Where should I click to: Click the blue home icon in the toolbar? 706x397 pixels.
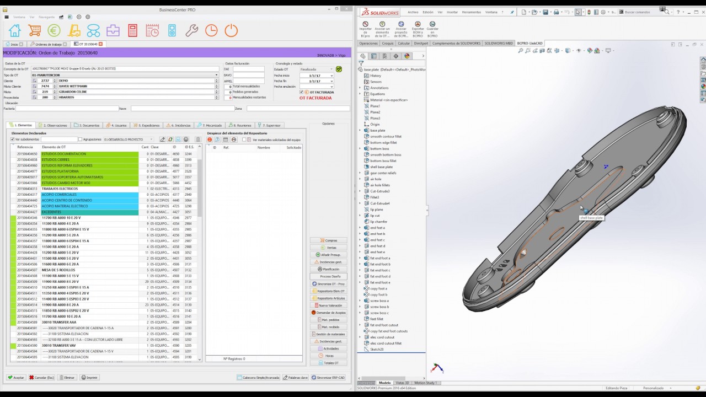tap(15, 31)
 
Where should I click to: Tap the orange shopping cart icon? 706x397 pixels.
tap(34, 31)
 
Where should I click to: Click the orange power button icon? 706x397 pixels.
tap(231, 31)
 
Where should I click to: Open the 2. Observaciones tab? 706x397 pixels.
tap(55, 125)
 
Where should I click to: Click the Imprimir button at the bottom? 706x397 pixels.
tap(90, 378)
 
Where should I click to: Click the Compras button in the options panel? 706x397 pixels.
tap(329, 240)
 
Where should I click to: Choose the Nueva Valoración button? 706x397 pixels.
tap(329, 305)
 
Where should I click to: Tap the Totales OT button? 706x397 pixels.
tap(329, 363)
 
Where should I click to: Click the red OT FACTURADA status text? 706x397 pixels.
tap(315, 98)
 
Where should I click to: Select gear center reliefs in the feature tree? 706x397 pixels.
tap(383, 173)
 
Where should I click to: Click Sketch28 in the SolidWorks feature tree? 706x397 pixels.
tap(377, 350)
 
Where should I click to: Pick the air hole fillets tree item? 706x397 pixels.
tap(380, 185)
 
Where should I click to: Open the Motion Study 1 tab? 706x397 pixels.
tap(425, 383)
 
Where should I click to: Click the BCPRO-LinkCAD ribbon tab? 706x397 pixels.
tap(529, 43)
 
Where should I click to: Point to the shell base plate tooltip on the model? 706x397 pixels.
tap(591, 218)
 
